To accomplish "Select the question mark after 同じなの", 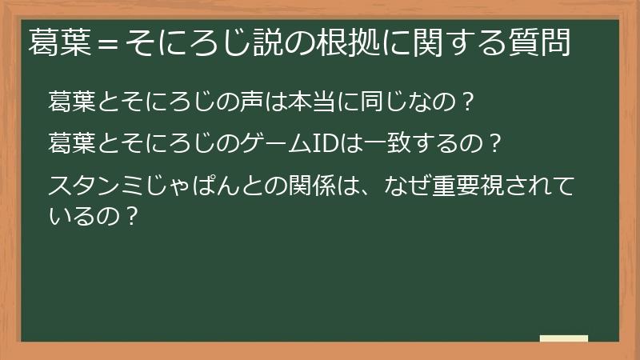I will point(468,102).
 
